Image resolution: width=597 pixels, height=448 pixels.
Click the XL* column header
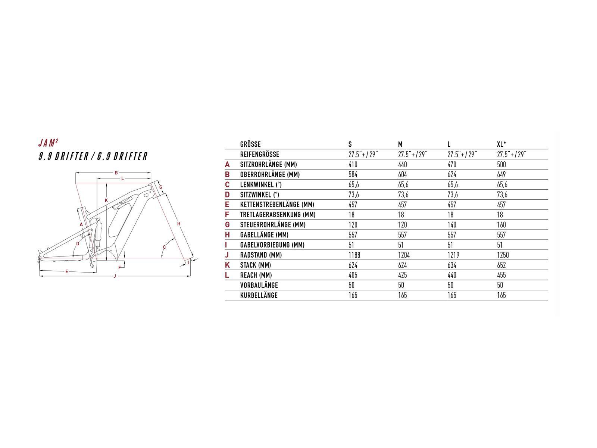click(x=501, y=144)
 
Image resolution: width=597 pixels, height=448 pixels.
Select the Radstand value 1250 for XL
click(x=503, y=255)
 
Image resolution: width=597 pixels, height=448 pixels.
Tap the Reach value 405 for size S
click(x=353, y=275)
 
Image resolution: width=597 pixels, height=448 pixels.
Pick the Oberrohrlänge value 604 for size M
click(x=402, y=174)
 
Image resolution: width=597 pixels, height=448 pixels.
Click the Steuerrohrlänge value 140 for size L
click(x=452, y=225)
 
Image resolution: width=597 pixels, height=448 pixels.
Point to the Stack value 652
click(x=501, y=265)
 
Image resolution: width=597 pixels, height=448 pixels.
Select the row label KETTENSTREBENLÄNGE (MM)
click(x=277, y=205)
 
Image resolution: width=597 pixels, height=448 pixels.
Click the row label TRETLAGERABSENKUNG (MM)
click(x=278, y=215)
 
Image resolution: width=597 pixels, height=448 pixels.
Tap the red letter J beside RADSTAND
click(x=227, y=255)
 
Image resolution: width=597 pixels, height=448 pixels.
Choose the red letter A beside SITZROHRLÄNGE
click(x=227, y=164)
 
